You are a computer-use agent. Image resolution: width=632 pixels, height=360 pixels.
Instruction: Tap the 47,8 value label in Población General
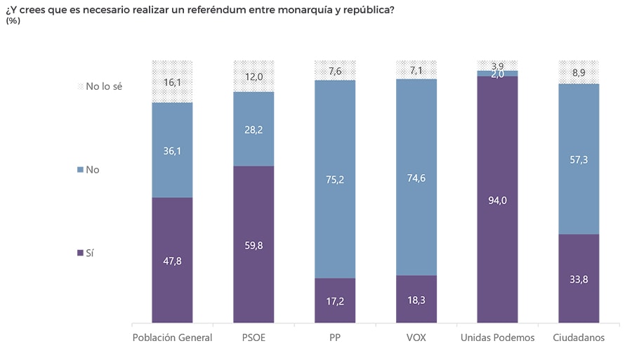point(172,260)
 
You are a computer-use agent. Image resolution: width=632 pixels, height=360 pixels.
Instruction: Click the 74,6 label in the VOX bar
point(416,178)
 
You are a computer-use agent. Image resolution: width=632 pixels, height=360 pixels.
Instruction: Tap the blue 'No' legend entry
point(91,170)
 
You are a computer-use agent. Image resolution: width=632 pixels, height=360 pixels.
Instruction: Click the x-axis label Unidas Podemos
point(497,338)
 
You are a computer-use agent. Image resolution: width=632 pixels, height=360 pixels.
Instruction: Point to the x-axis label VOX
point(416,338)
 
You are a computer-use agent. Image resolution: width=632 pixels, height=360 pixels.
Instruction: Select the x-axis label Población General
point(172,338)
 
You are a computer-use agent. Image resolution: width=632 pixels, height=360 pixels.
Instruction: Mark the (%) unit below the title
point(13,21)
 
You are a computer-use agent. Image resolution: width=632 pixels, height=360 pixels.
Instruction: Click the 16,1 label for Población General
point(172,82)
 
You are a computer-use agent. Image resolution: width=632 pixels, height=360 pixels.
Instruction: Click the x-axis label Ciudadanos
point(579,338)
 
